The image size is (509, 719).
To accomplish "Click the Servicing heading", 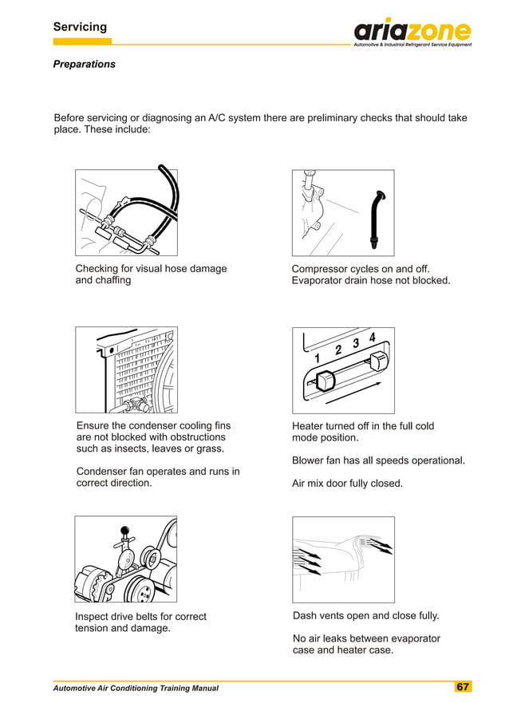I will click(x=80, y=27).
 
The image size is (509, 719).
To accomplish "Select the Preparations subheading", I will click(x=84, y=64).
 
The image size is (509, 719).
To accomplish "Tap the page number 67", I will click(x=463, y=687).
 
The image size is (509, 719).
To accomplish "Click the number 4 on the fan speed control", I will click(x=372, y=336).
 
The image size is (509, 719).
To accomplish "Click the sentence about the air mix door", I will click(x=347, y=484).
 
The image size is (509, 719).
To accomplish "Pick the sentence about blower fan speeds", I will click(x=378, y=461).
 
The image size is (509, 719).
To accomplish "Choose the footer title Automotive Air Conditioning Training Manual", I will click(x=136, y=688).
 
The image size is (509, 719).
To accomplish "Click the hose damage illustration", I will click(x=126, y=211).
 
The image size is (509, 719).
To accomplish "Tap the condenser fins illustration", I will click(x=126, y=369).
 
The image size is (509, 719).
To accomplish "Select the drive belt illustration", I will click(x=126, y=559).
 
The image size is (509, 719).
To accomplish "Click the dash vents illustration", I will click(x=343, y=559).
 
